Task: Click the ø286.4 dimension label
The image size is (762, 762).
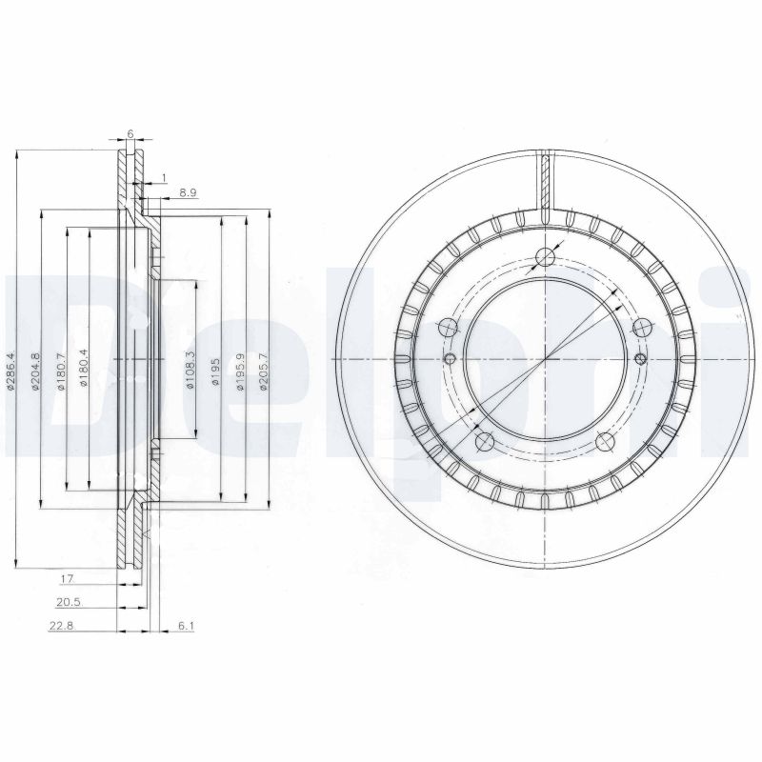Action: click(10, 371)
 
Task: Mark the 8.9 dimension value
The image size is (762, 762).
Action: click(187, 192)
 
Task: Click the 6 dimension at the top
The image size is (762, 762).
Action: click(130, 135)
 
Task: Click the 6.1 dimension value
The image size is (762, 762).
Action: click(187, 626)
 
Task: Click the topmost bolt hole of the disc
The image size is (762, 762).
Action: click(546, 256)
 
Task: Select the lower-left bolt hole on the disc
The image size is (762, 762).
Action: click(483, 440)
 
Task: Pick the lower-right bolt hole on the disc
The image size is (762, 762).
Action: click(605, 440)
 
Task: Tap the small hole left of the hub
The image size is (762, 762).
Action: click(451, 359)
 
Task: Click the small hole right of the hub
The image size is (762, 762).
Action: click(639, 359)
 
